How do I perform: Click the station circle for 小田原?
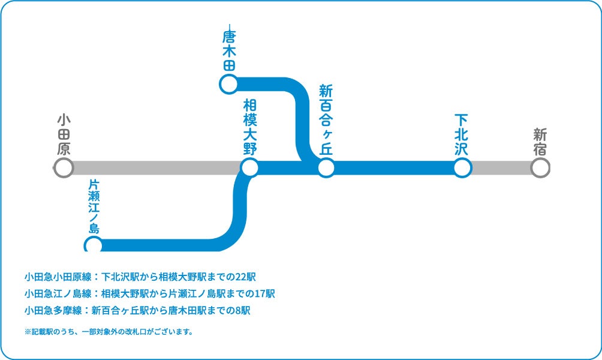pyautogui.click(x=64, y=168)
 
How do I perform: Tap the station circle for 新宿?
pyautogui.click(x=540, y=168)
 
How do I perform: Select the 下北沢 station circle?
pyautogui.click(x=462, y=168)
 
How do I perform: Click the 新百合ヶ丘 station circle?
pyautogui.click(x=326, y=168)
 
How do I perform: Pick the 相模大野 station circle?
pyautogui.click(x=249, y=168)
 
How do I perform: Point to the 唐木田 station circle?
pyautogui.click(x=228, y=84)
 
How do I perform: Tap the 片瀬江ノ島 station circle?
pyautogui.click(x=94, y=245)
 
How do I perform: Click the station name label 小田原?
pyautogui.click(x=64, y=135)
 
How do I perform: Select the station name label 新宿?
pyautogui.click(x=540, y=142)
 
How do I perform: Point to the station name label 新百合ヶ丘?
pyautogui.click(x=326, y=120)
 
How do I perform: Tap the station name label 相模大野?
pyautogui.click(x=249, y=127)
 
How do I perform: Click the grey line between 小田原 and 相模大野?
pyautogui.click(x=156, y=168)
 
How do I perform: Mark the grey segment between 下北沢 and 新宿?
pyautogui.click(x=501, y=168)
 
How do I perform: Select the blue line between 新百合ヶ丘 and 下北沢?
pyautogui.click(x=393, y=168)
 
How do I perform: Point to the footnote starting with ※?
pyautogui.click(x=109, y=331)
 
